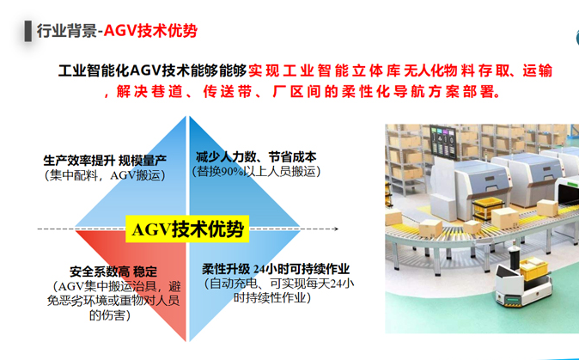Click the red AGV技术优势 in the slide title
(x=150, y=31)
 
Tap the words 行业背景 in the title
(x=65, y=31)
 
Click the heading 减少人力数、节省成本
(x=256, y=157)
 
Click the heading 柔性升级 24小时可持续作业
(x=276, y=268)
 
